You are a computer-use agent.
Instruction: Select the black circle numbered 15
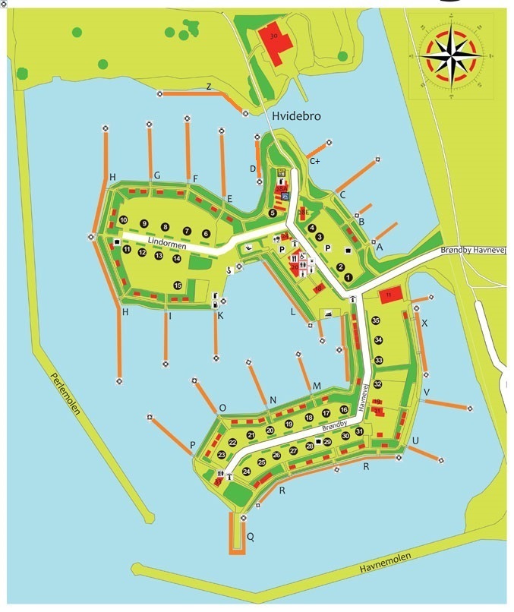tap(177, 285)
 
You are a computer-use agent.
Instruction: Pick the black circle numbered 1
tap(348, 277)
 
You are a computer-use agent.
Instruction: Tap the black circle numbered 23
tap(222, 455)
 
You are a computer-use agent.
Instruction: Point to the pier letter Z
tap(209, 87)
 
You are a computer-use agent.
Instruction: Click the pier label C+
tap(314, 161)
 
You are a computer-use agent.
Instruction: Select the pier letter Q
tap(251, 537)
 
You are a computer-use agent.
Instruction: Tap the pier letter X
tap(424, 323)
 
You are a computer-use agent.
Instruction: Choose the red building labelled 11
tap(389, 295)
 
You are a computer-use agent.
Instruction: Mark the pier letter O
tap(222, 408)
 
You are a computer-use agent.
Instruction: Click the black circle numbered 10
tap(124, 220)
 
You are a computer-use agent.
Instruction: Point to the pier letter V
tap(427, 392)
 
